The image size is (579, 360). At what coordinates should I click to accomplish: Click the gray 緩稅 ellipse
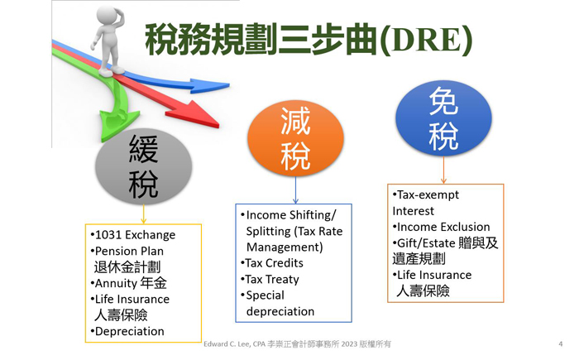144,166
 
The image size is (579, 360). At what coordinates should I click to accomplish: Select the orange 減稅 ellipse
295,138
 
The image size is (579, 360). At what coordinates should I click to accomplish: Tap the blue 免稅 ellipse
443,118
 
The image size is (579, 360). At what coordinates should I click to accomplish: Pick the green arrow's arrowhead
117,125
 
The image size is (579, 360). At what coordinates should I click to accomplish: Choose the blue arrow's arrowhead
209,86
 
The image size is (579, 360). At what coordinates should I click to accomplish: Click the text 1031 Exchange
135,235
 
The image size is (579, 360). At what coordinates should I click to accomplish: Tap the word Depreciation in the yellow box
130,332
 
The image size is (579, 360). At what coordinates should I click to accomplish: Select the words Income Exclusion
443,227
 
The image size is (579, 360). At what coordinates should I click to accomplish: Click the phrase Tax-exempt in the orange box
428,194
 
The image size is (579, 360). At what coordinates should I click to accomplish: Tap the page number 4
561,344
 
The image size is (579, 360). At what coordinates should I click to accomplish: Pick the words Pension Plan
129,252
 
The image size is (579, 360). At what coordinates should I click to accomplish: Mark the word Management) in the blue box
285,247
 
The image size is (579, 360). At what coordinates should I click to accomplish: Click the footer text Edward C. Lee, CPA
234,344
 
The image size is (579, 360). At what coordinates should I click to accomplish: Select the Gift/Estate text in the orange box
426,243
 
